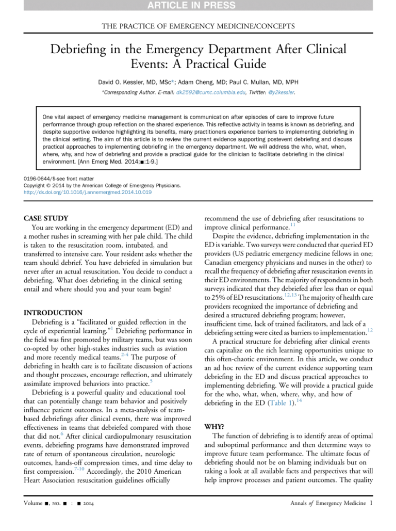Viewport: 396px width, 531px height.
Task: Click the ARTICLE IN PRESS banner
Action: pyautogui.click(x=198, y=6)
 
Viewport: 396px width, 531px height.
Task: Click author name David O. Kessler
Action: pyautogui.click(x=128, y=82)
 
